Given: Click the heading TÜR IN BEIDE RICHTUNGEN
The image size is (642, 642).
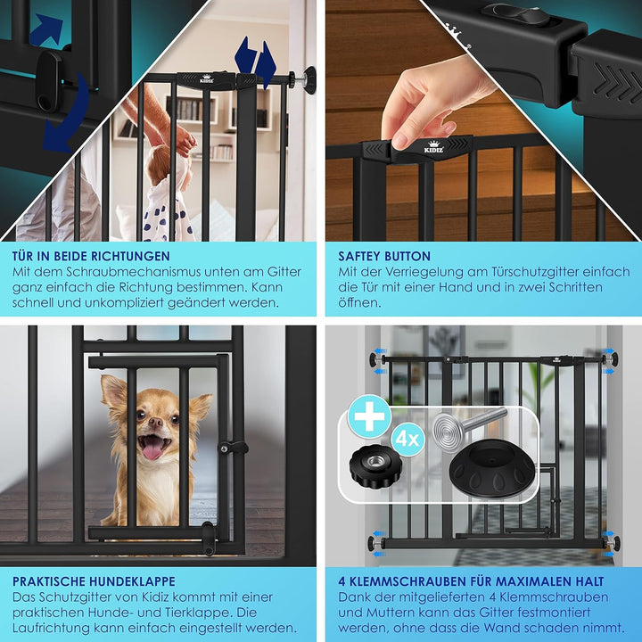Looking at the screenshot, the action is [x=91, y=256].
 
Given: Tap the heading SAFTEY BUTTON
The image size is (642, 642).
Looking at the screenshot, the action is [x=384, y=256].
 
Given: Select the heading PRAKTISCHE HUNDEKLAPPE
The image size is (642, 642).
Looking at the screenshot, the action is [x=94, y=581].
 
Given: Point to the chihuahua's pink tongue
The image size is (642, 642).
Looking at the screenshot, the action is [x=152, y=450].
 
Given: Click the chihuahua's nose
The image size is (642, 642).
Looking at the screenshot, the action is [x=155, y=421].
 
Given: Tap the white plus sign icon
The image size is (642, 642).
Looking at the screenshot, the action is [x=369, y=416].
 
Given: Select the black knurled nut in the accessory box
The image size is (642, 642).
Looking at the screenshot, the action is [x=375, y=466].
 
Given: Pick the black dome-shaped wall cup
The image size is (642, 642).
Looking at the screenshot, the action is [x=492, y=469].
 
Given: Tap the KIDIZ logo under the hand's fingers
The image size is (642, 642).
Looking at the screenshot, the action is [x=433, y=147].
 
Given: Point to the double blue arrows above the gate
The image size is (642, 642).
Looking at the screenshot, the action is [x=255, y=62].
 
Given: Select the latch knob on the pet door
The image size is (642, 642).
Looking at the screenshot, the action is [x=233, y=448].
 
